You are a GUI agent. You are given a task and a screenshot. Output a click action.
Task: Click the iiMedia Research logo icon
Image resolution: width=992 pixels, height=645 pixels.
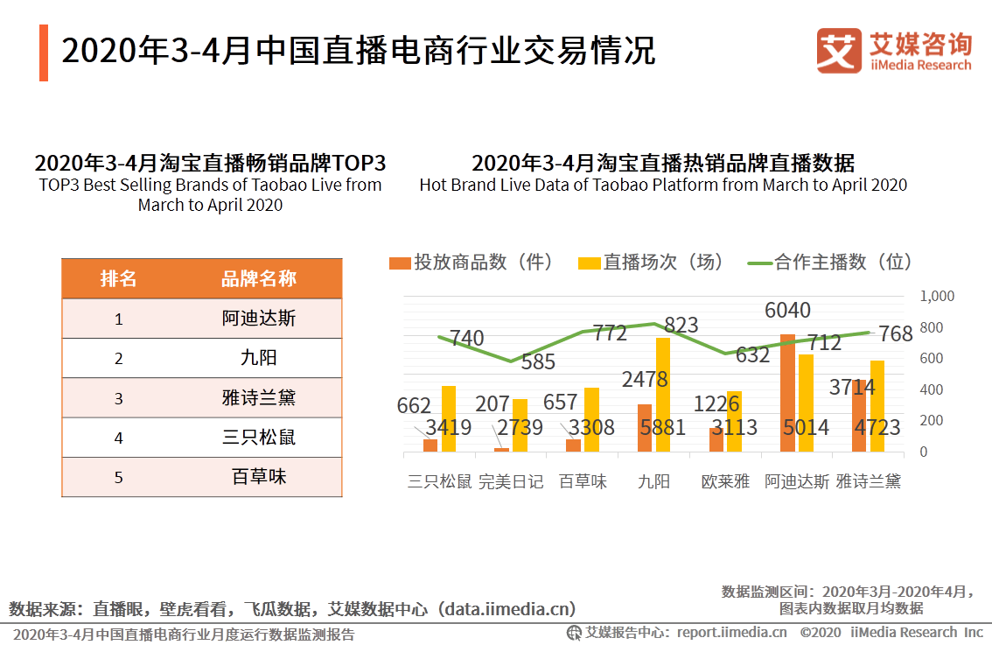pyautogui.click(x=839, y=51)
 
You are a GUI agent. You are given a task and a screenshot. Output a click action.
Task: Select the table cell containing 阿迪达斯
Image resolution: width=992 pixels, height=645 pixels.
pyautogui.click(x=259, y=319)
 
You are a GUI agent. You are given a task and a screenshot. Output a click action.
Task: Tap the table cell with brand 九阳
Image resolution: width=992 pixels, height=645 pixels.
pyautogui.click(x=259, y=358)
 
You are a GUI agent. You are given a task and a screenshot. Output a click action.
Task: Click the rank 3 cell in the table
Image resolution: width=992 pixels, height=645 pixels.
pyautogui.click(x=118, y=398)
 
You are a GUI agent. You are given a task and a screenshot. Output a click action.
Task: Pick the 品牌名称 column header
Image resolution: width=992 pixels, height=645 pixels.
pyautogui.click(x=259, y=278)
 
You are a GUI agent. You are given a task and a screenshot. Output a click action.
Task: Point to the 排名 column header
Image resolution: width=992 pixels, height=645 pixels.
pyautogui.click(x=118, y=278)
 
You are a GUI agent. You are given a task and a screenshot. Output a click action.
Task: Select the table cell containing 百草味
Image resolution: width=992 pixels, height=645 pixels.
pyautogui.click(x=259, y=477)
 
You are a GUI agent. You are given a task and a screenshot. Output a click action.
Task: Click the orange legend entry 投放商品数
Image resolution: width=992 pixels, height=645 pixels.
pyautogui.click(x=472, y=262)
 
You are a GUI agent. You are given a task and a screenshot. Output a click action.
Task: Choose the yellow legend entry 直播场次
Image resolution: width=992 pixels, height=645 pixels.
pyautogui.click(x=651, y=262)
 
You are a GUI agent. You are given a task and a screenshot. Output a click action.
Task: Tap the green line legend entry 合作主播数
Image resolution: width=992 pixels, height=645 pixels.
pyautogui.click(x=829, y=262)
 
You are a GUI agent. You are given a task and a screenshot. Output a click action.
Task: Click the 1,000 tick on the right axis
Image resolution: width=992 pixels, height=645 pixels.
pyautogui.click(x=937, y=296)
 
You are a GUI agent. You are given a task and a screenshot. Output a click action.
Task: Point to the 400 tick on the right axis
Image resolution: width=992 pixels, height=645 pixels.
pyautogui.click(x=932, y=390)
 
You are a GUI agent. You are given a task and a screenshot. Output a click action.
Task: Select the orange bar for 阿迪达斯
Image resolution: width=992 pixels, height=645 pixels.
pyautogui.click(x=787, y=393)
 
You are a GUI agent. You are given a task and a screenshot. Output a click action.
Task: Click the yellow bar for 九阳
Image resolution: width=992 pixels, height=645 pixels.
pyautogui.click(x=663, y=395)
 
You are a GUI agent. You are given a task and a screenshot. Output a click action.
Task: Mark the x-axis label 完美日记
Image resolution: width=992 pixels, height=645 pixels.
pyautogui.click(x=511, y=481)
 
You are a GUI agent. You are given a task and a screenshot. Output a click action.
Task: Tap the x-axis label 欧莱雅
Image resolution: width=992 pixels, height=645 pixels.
pyautogui.click(x=726, y=481)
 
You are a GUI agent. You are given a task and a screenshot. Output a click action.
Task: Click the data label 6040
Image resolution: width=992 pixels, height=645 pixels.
pyautogui.click(x=787, y=310)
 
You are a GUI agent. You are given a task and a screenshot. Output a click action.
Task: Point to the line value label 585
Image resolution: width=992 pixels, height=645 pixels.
pyautogui.click(x=538, y=362)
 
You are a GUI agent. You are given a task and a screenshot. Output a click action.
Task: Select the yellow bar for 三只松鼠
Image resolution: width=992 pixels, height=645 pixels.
pyautogui.click(x=449, y=419)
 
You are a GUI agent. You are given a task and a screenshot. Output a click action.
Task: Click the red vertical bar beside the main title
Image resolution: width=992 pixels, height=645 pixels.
pyautogui.click(x=44, y=53)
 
